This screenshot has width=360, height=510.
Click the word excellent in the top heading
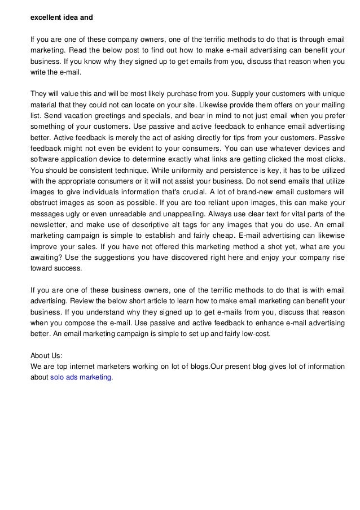click(x=45, y=16)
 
